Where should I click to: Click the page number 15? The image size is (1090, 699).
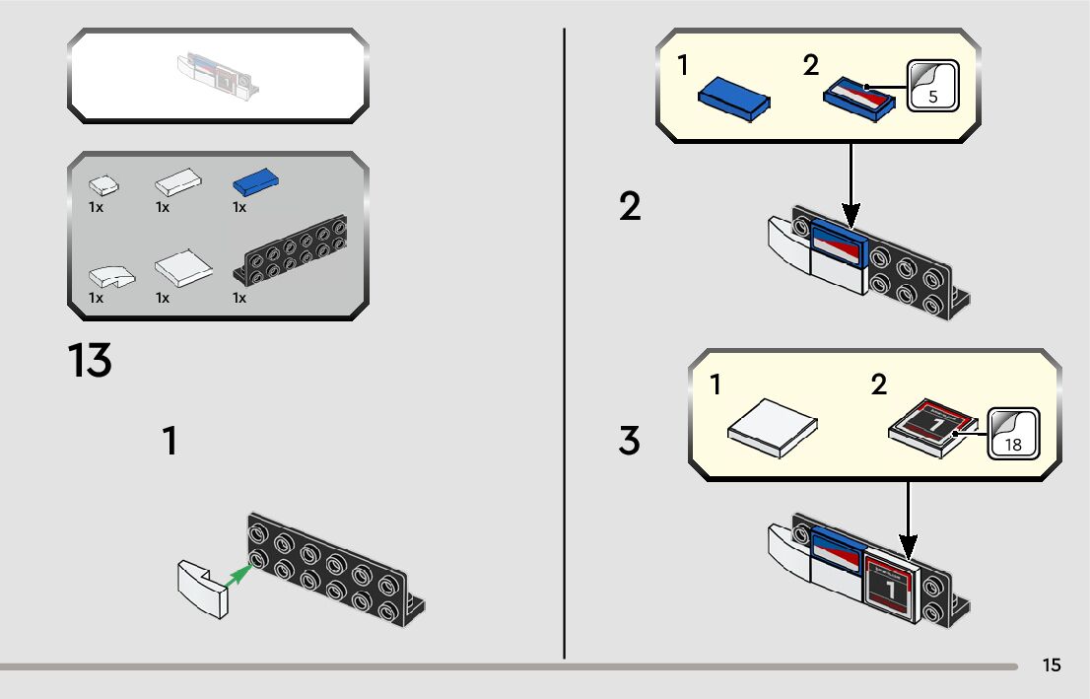tap(1052, 665)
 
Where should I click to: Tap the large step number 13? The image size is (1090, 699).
tap(90, 361)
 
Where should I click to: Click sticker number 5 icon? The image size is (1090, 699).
tap(931, 86)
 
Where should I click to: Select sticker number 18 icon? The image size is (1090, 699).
tap(1012, 433)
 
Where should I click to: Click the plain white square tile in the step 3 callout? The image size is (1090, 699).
tap(773, 426)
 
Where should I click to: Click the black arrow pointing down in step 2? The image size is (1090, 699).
tap(852, 187)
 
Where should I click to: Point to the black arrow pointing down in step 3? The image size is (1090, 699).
tap(908, 518)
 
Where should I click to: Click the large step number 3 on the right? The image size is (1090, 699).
tap(629, 441)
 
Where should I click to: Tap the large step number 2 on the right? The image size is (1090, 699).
tap(630, 207)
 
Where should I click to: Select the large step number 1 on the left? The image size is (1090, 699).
tap(170, 441)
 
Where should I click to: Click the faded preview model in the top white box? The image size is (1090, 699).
tap(218, 75)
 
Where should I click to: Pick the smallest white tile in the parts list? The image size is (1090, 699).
tap(102, 183)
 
